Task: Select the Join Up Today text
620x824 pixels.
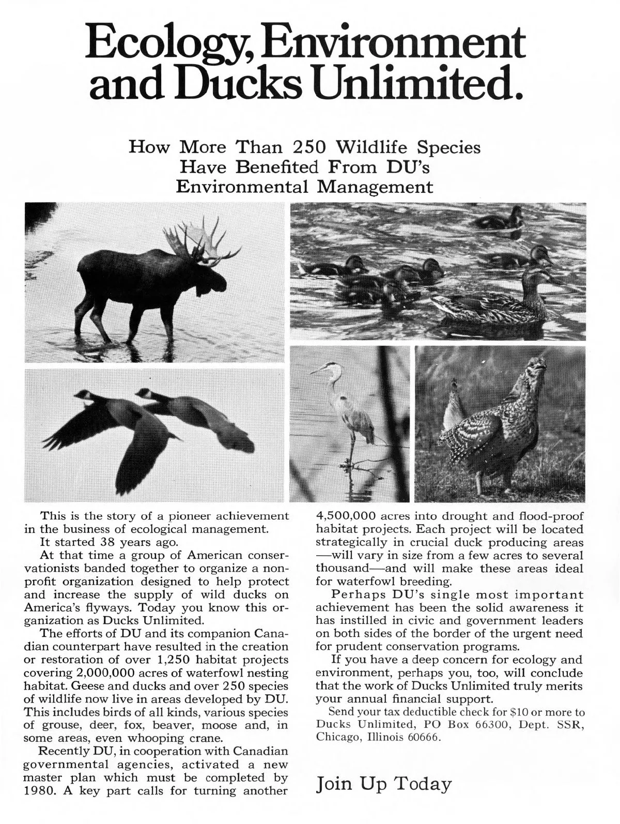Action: pos(384,784)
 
